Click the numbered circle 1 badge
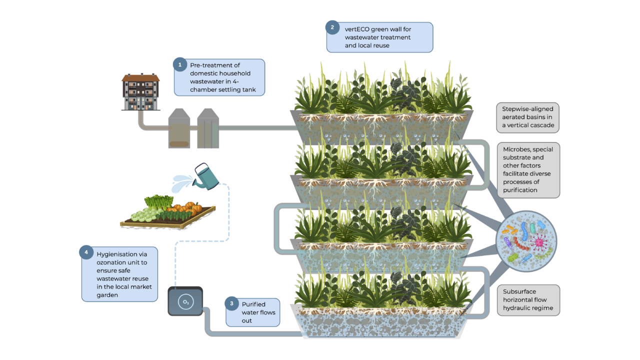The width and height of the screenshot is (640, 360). point(180,65)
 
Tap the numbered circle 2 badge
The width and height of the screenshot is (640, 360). point(332,27)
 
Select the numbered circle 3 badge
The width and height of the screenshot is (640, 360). point(231,303)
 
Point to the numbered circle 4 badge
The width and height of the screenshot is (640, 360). point(86,252)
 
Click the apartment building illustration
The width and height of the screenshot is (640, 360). point(140,91)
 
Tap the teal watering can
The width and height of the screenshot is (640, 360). point(205,176)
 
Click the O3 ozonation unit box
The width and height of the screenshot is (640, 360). point(185,301)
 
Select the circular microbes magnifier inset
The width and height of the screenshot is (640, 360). point(526,241)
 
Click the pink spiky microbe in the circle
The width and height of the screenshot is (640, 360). point(538,242)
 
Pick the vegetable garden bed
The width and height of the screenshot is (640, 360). point(168,212)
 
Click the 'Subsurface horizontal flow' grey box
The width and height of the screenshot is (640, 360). point(528,300)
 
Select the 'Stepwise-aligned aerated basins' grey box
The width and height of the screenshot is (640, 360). point(527,117)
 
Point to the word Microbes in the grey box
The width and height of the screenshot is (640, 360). point(514,149)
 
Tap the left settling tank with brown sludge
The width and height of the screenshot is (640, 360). point(179,128)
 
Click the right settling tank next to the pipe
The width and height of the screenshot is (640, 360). point(208,128)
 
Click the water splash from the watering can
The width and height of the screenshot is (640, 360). point(182,183)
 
